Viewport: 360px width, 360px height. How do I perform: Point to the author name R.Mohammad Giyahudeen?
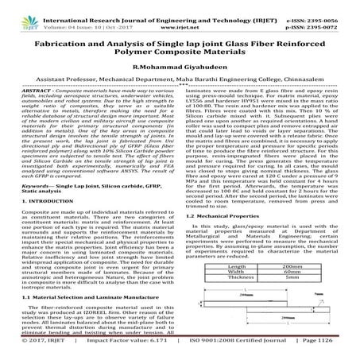[x=180, y=68]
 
